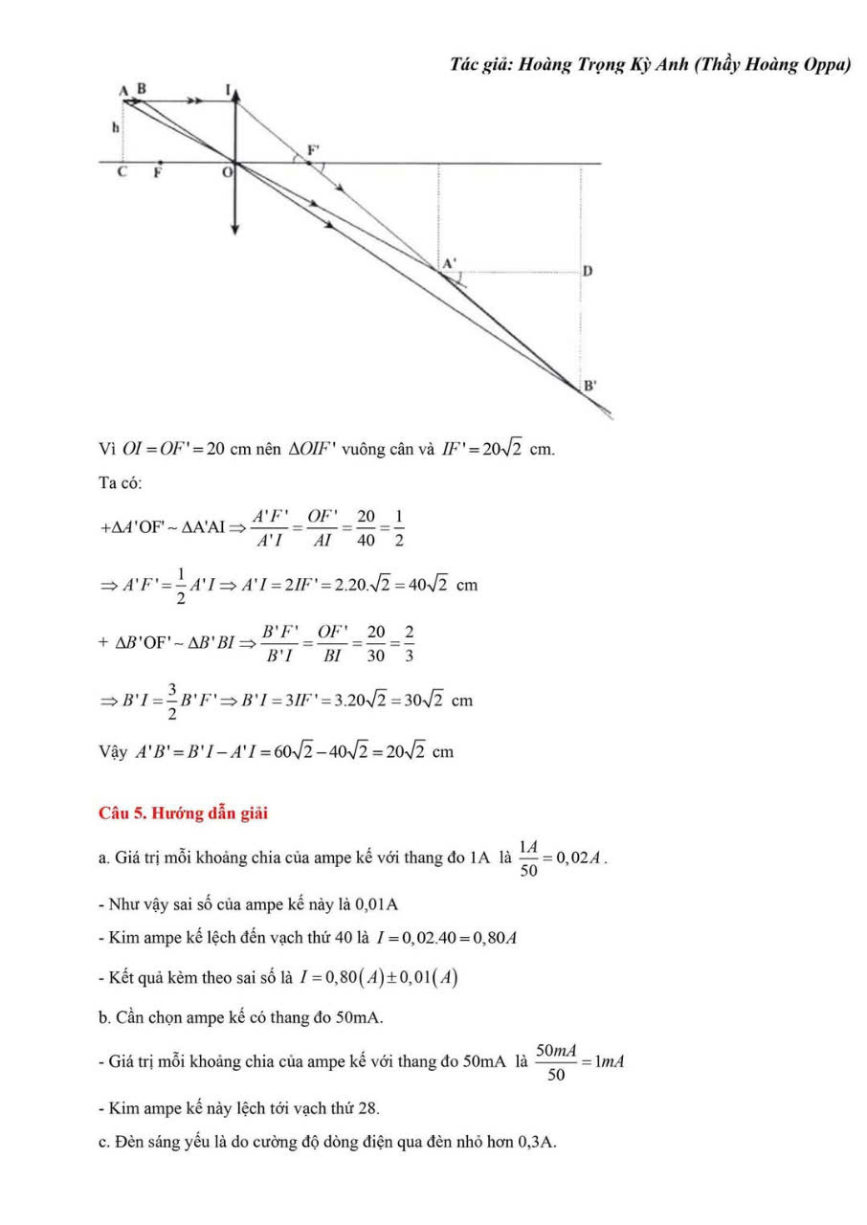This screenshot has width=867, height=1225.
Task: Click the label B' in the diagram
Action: [x=590, y=386]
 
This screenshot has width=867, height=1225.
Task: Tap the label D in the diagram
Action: [x=588, y=271]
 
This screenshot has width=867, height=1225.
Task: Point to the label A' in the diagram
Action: [x=449, y=261]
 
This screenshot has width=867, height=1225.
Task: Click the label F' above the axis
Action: [x=312, y=150]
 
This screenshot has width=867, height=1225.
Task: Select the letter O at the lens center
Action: [x=226, y=173]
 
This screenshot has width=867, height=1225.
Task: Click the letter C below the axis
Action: [x=122, y=173]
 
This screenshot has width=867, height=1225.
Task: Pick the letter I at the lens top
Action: [x=228, y=89]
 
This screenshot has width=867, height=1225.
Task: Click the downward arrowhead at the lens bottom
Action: [x=235, y=229]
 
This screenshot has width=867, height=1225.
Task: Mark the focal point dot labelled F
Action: [x=159, y=163]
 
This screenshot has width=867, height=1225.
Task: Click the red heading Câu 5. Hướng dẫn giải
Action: [x=184, y=813]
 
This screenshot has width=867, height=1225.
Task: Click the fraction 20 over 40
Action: [x=365, y=528]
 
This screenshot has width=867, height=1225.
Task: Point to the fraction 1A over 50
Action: [x=528, y=857]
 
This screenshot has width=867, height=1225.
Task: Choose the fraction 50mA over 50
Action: [x=555, y=1062]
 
